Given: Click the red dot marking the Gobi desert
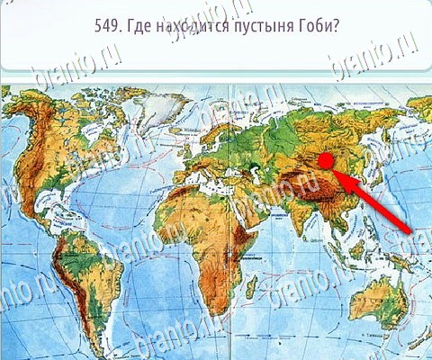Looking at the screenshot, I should point(327,160).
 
